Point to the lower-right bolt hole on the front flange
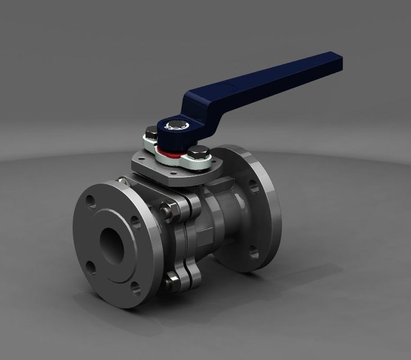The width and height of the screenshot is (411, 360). click(135, 287)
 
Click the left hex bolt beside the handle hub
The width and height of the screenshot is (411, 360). click(151, 135)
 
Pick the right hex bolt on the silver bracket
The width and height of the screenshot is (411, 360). click(198, 153)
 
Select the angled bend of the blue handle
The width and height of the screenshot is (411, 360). click(194, 98)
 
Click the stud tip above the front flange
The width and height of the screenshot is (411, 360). click(119, 181)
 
